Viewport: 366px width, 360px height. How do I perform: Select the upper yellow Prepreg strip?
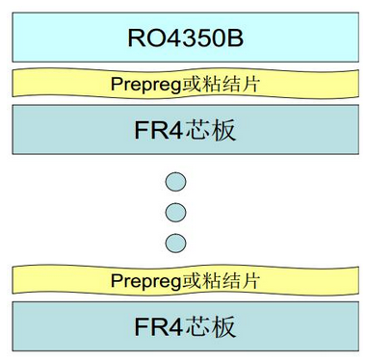(183, 85)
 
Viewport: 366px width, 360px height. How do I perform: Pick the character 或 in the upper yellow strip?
(192, 86)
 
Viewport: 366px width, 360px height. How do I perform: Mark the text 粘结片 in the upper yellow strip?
(231, 86)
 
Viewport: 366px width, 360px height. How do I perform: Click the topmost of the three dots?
(175, 181)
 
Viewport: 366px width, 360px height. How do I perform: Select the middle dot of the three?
(175, 211)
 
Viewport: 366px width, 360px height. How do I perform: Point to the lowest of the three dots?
(175, 241)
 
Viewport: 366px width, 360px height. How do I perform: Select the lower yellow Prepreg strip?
(183, 281)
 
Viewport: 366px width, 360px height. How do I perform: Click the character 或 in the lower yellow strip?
(192, 281)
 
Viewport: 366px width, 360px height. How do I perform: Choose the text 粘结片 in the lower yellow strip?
(231, 281)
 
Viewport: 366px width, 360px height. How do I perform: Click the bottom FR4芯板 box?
(183, 325)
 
